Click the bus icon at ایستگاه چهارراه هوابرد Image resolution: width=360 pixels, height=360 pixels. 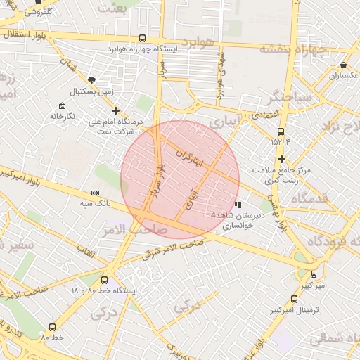tap(143, 39)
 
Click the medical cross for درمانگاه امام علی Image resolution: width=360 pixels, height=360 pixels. tap(116, 110)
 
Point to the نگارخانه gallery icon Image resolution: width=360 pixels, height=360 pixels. tap(62, 105)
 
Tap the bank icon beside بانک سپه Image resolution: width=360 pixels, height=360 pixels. tap(95, 193)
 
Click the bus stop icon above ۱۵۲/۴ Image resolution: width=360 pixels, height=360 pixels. tap(281, 131)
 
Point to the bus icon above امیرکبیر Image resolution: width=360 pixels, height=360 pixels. tap(314, 274)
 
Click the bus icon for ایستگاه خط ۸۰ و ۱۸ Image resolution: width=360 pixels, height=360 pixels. tap(105, 280)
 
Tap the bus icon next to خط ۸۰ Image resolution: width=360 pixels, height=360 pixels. tap(52, 327)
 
